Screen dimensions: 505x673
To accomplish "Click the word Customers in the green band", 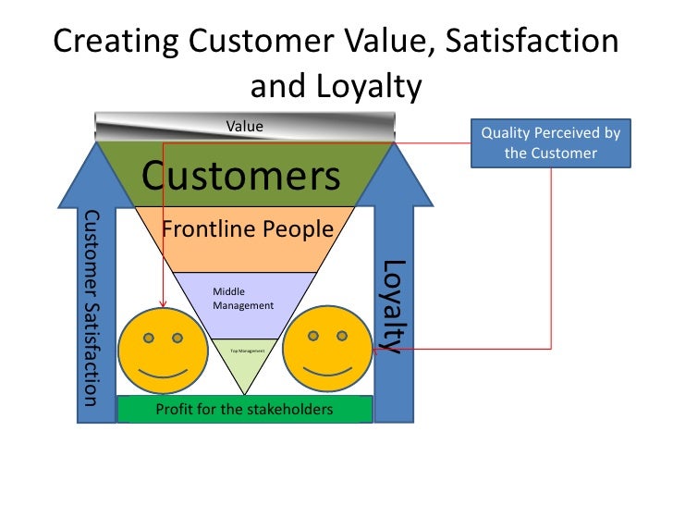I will pyautogui.click(x=240, y=175).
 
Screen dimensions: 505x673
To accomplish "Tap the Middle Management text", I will pyautogui.click(x=243, y=298).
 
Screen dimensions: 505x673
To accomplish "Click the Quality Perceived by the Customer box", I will pyautogui.click(x=550, y=143).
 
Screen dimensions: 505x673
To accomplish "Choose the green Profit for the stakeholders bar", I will pyautogui.click(x=244, y=409).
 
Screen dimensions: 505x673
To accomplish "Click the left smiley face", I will pyautogui.click(x=163, y=350).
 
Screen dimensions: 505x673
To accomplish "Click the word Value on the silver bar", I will pyautogui.click(x=245, y=126).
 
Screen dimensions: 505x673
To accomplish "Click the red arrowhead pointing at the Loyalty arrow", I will pyautogui.click(x=381, y=349).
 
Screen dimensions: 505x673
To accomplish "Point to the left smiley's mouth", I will pyautogui.click(x=163, y=372).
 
